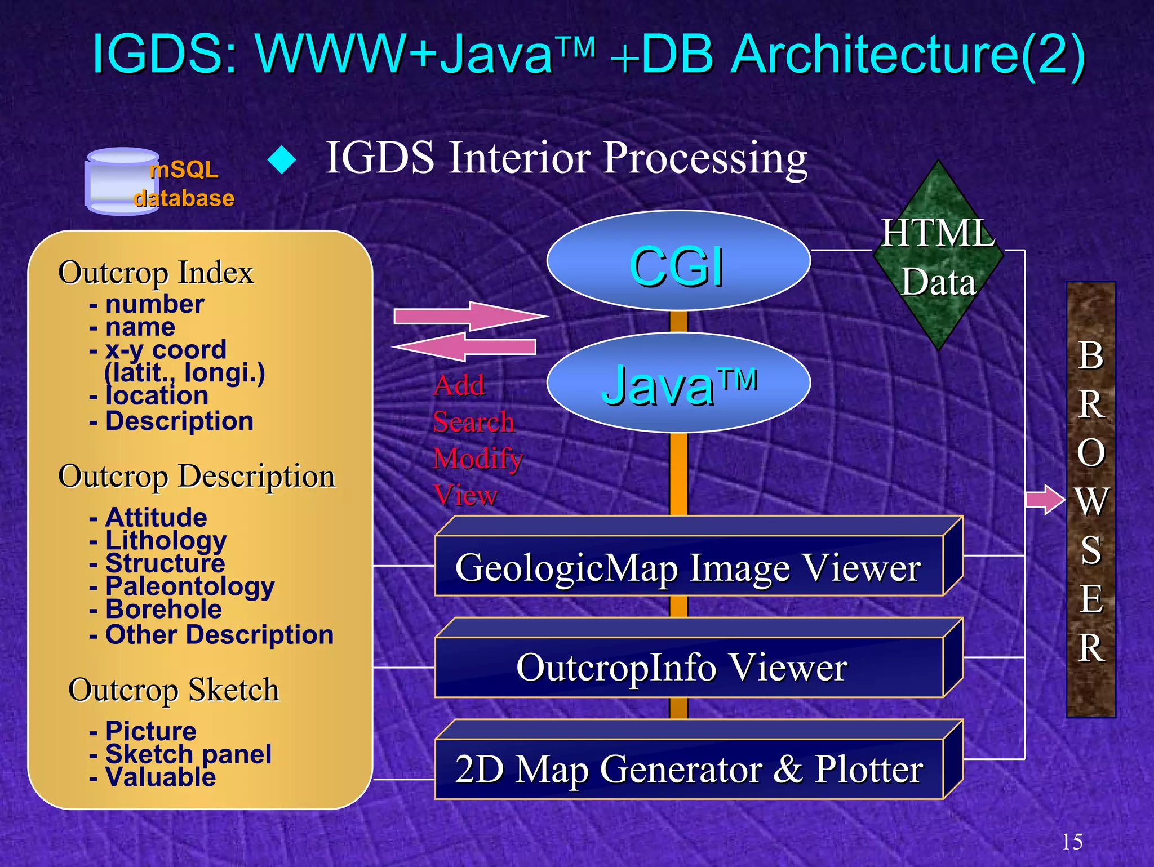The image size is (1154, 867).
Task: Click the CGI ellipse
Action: coord(678,261)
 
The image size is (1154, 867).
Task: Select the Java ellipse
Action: coord(678,383)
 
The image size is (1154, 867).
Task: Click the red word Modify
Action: coord(478,458)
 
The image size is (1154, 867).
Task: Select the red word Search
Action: coord(473,421)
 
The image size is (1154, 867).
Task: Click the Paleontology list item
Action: coord(189,586)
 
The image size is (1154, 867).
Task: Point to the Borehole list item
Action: coord(163,610)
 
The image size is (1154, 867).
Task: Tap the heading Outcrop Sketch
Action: coord(174,690)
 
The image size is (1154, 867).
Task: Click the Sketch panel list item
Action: coord(188,754)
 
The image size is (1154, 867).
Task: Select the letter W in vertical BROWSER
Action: coord(1091,501)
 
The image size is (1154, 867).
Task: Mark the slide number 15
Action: coord(1072,842)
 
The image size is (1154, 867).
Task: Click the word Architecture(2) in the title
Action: coord(907,55)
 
